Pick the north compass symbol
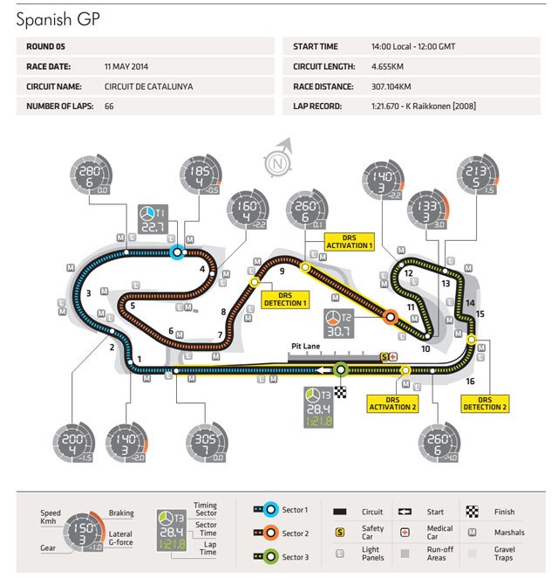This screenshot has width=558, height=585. coord(279,162)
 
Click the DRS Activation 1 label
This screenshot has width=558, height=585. coord(349,241)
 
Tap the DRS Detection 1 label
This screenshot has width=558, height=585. coord(285,298)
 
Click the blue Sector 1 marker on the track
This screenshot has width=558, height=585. coord(177,252)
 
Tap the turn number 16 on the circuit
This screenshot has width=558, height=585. coord(470,382)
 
